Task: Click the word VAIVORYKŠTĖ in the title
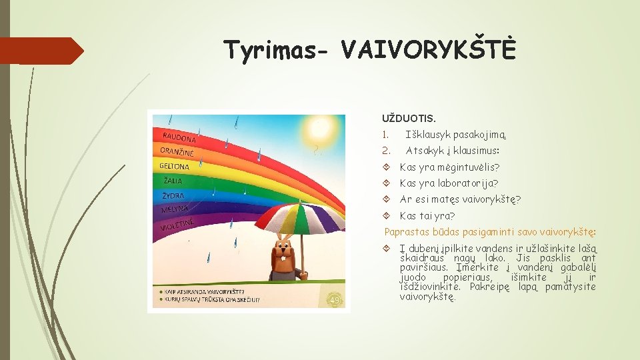click(x=427, y=49)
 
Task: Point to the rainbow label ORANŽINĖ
click(x=177, y=152)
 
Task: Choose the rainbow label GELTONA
click(x=175, y=166)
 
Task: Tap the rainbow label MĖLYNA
click(x=175, y=211)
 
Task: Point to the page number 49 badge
click(x=333, y=299)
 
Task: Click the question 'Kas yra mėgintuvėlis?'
click(x=449, y=167)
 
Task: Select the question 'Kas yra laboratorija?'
click(x=449, y=183)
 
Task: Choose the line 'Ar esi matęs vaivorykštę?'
click(x=460, y=199)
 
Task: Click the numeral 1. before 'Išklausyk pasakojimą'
click(x=385, y=135)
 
